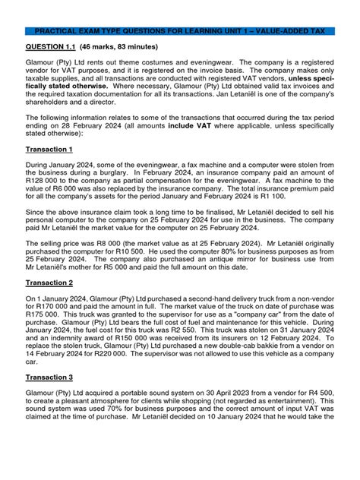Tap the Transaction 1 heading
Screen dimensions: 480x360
[49, 150]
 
